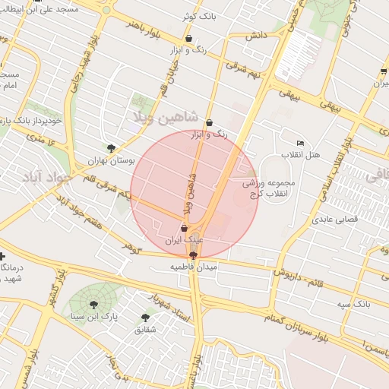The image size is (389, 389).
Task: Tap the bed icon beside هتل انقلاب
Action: (x=300, y=143)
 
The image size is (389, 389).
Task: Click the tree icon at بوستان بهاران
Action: (x=112, y=148)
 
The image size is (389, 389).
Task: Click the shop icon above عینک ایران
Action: (x=185, y=227)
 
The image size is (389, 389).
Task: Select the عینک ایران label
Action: (x=185, y=240)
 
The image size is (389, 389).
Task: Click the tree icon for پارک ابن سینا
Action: (x=93, y=302)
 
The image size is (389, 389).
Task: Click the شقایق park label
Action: (x=144, y=330)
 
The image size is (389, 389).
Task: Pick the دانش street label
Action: (x=255, y=36)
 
